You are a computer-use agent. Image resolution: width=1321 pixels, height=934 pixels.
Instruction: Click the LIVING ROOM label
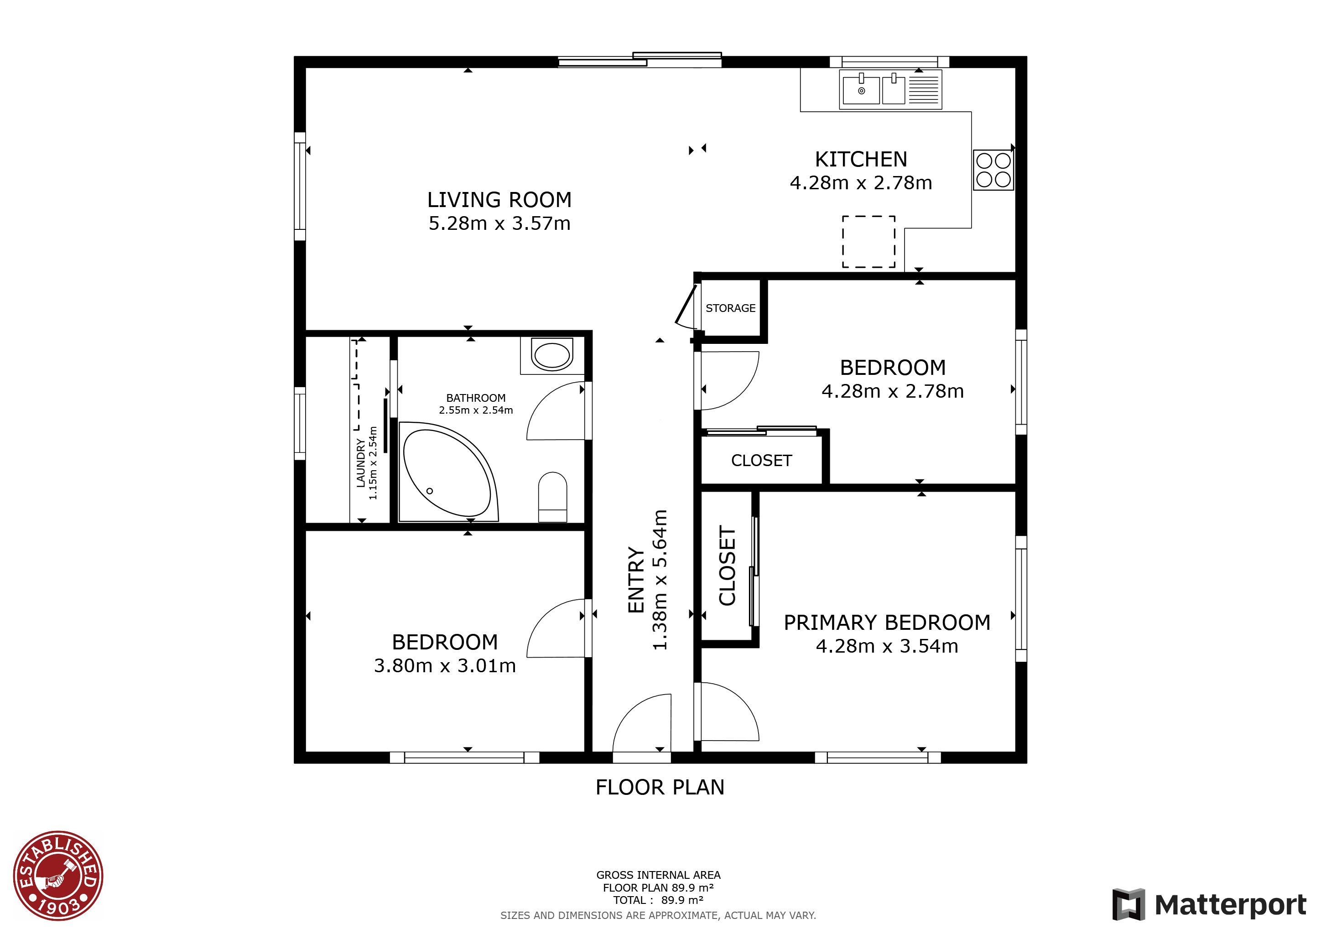(x=499, y=200)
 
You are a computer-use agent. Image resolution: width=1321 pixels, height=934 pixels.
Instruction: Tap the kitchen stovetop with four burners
(x=993, y=170)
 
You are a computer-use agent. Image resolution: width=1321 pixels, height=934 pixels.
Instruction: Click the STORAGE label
(x=731, y=308)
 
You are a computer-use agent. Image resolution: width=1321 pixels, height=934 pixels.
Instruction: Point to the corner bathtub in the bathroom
(x=449, y=472)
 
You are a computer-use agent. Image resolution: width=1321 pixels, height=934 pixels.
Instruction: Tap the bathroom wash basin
(x=552, y=355)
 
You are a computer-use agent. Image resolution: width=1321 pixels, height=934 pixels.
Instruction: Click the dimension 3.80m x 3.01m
(x=445, y=666)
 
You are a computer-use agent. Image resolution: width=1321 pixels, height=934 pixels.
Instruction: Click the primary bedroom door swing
(x=727, y=711)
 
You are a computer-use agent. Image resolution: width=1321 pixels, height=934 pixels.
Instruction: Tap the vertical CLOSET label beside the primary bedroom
(x=727, y=566)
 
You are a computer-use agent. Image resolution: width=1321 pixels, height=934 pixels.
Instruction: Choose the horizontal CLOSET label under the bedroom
(x=762, y=461)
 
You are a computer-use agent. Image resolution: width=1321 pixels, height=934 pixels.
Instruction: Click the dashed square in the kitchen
(x=869, y=242)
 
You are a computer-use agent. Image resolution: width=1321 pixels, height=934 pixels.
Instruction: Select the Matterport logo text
(x=1231, y=905)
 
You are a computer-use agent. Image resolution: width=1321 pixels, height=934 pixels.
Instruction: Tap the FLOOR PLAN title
(x=660, y=787)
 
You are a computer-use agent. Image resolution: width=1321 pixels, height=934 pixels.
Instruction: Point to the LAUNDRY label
(x=361, y=463)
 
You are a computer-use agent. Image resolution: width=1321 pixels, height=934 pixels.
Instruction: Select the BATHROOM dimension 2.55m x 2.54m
(x=476, y=410)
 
